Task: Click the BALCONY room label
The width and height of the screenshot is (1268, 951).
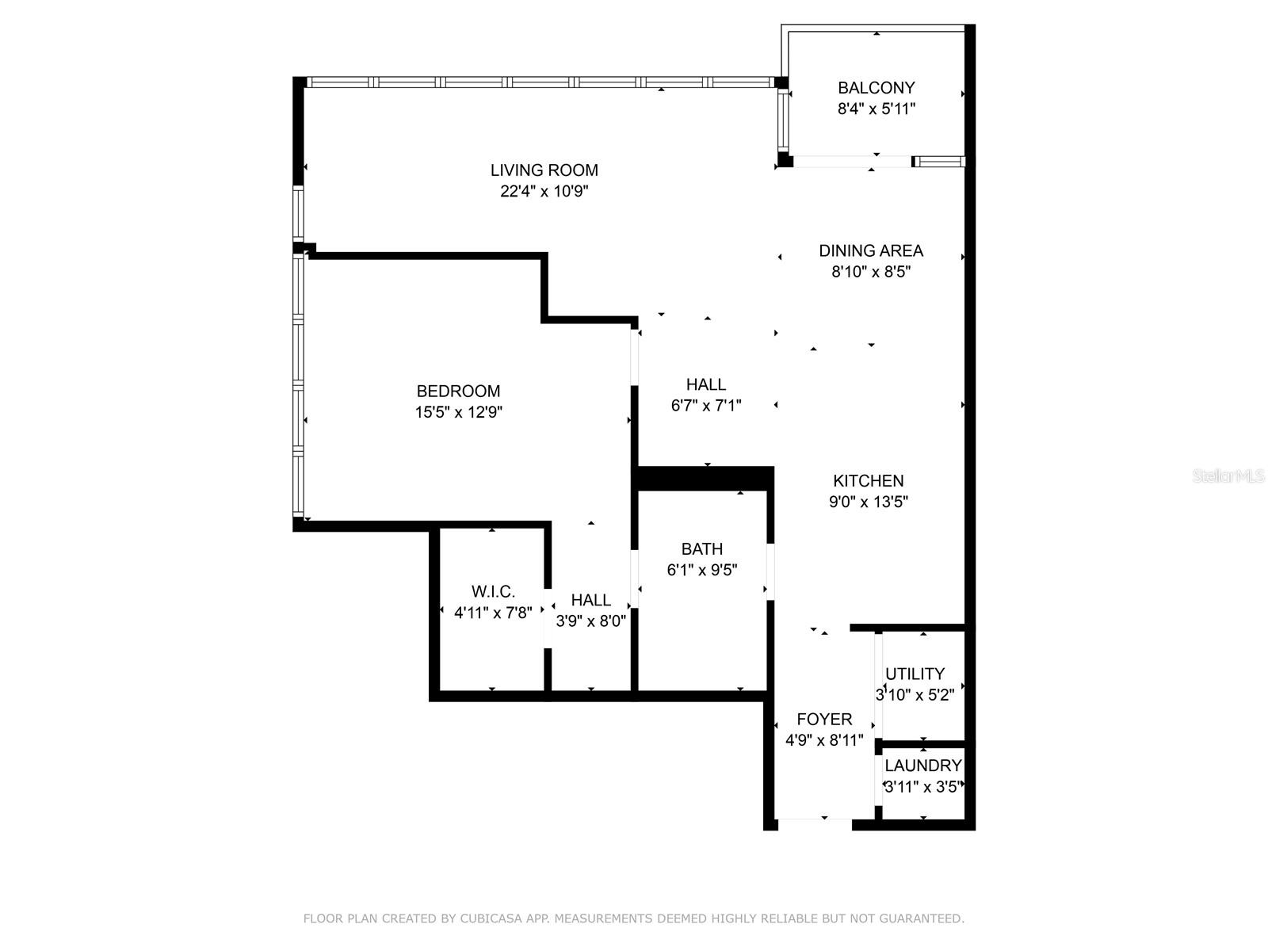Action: pyautogui.click(x=876, y=88)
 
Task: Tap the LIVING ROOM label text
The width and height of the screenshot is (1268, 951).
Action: pyautogui.click(x=544, y=170)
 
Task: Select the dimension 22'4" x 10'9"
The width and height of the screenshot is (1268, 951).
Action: pyautogui.click(x=544, y=191)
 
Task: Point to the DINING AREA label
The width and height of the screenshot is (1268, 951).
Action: pyautogui.click(x=870, y=250)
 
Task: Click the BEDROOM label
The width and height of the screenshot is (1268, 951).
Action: pyautogui.click(x=458, y=391)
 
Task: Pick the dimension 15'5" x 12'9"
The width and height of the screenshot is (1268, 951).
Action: pyautogui.click(x=458, y=412)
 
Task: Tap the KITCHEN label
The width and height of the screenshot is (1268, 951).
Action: pyautogui.click(x=869, y=480)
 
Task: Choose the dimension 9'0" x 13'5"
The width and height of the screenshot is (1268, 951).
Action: pyautogui.click(x=869, y=502)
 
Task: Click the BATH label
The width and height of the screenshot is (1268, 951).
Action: pyautogui.click(x=702, y=548)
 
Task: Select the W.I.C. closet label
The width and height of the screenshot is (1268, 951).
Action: pyautogui.click(x=493, y=591)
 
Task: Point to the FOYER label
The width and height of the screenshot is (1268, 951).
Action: pyautogui.click(x=824, y=720)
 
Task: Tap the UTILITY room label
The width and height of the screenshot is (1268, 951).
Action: pyautogui.click(x=915, y=674)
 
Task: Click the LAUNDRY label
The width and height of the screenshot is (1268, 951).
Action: pyautogui.click(x=923, y=766)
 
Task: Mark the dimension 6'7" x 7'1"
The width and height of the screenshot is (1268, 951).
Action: pyautogui.click(x=706, y=406)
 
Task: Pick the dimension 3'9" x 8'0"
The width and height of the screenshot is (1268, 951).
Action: pyautogui.click(x=591, y=621)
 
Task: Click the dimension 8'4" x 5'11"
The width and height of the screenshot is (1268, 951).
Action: pyautogui.click(x=877, y=109)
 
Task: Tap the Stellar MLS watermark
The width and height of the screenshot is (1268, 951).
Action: pyautogui.click(x=1228, y=476)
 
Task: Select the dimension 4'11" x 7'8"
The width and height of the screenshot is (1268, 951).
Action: pyautogui.click(x=493, y=613)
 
